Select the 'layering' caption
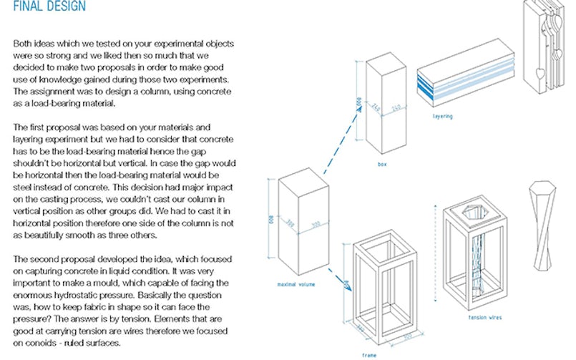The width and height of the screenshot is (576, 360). coord(444,115)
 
